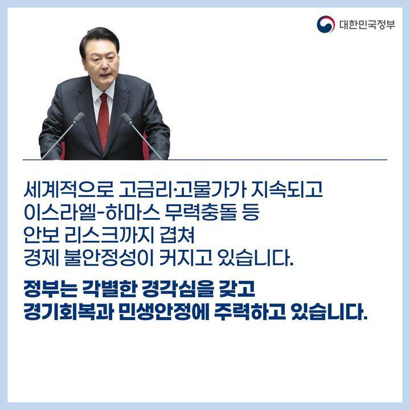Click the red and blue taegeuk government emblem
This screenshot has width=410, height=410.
tap(326, 24)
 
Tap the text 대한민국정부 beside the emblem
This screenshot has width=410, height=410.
tap(367, 24)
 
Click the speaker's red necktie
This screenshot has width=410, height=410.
tap(103, 121)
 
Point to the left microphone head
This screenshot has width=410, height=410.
tap(79, 117)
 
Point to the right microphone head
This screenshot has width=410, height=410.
tap(127, 118)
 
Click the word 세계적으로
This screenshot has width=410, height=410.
tap(68, 189)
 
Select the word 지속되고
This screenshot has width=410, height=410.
tap(286, 189)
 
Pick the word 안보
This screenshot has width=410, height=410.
tap(41, 235)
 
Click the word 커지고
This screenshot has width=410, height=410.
tap(186, 258)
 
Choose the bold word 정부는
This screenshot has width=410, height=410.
tap(50, 289)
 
